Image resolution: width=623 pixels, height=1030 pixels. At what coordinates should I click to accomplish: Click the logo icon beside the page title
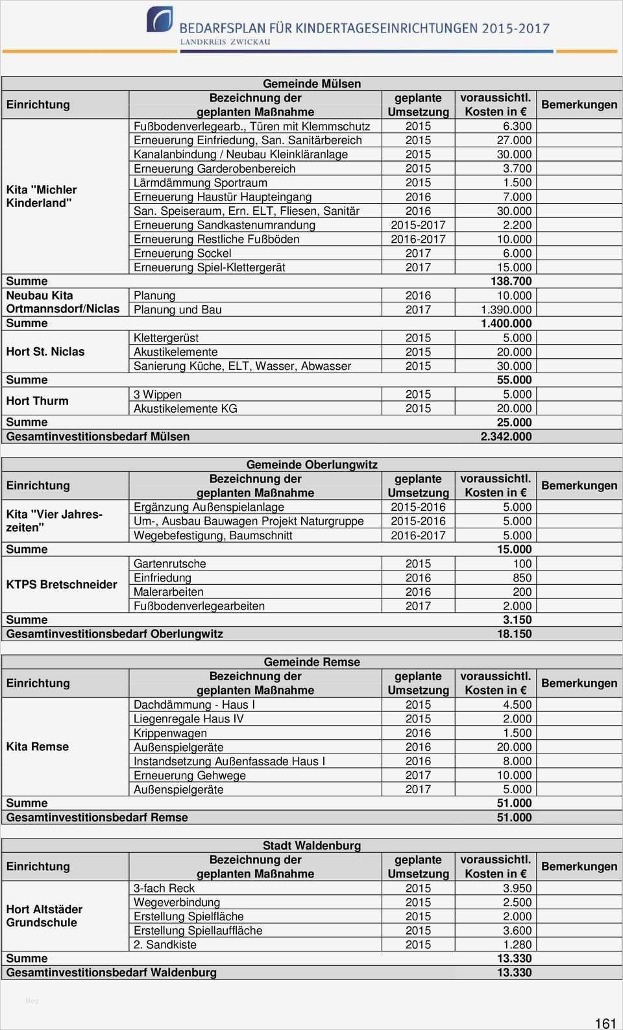click(160, 20)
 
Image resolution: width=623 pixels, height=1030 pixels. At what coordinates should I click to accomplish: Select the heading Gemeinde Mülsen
click(311, 84)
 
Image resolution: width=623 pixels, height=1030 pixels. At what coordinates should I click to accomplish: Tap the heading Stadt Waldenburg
click(311, 846)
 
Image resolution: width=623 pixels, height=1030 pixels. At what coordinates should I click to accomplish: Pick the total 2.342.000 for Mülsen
click(506, 437)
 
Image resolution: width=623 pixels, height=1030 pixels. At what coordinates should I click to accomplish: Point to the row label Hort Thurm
click(37, 401)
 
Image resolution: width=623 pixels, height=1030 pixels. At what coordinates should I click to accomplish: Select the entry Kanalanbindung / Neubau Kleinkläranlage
click(240, 154)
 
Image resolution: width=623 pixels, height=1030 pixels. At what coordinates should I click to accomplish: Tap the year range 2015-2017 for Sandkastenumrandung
click(418, 225)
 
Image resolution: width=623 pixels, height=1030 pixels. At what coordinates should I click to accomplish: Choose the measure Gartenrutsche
click(169, 564)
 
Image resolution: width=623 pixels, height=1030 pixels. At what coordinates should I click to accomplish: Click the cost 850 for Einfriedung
click(522, 578)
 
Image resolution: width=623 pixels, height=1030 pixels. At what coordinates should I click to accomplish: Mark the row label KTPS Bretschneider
click(62, 585)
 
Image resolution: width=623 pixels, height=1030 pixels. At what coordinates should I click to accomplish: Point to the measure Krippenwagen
click(170, 733)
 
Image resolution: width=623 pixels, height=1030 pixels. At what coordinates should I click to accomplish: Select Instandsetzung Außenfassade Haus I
click(229, 761)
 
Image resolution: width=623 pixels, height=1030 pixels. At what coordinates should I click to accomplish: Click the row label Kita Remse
click(37, 747)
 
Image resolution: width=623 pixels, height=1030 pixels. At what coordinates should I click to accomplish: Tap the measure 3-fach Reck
click(164, 889)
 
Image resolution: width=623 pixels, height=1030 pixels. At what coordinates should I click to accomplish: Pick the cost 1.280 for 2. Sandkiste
click(517, 945)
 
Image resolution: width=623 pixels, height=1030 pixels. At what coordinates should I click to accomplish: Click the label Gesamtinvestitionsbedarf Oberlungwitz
click(114, 634)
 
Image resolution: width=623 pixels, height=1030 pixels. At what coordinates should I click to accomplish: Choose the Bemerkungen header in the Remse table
click(579, 683)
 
